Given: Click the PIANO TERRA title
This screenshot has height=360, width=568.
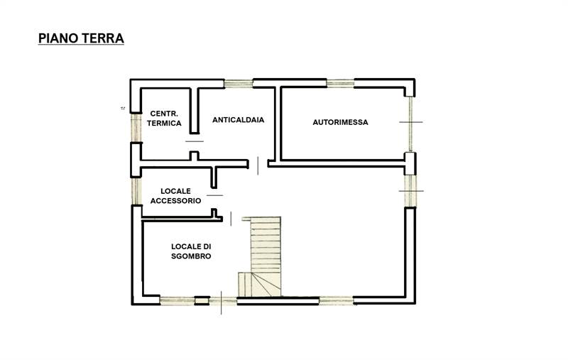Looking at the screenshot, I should tap(80, 38).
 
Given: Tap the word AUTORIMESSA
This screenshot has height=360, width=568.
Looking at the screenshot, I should tap(340, 122).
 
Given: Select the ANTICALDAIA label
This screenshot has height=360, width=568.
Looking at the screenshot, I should tap(238, 120).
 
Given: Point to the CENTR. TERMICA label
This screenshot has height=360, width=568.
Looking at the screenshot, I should tap(164, 119).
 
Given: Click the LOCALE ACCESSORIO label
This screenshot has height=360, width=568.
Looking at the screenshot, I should tap(175, 196).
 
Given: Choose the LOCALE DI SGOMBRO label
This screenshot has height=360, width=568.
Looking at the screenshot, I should tap(191, 251).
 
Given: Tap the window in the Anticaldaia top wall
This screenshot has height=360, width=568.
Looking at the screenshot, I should tap(239, 83).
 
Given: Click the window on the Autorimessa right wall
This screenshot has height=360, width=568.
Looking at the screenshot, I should tap(410, 124).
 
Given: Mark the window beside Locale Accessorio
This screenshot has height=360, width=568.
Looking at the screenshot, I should tap(134, 191).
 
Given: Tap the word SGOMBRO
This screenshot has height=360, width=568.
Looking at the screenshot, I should tap(191, 256).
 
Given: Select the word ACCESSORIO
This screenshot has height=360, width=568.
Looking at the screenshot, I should tap(175, 201).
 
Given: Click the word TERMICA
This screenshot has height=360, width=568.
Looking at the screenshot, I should tap(164, 124).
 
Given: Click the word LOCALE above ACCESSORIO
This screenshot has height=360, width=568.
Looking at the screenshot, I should tap(175, 190).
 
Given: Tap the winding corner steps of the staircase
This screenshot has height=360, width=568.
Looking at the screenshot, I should tap(251, 284).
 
